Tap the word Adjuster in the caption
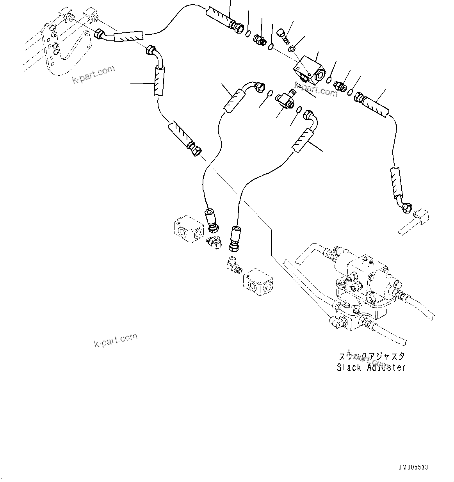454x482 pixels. pyautogui.click(x=386, y=367)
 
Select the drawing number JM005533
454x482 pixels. pyautogui.click(x=413, y=467)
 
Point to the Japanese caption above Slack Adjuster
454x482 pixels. pyautogui.click(x=371, y=356)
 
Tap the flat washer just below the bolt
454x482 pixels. pyautogui.click(x=291, y=49)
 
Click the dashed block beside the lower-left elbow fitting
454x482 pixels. pyautogui.click(x=188, y=229)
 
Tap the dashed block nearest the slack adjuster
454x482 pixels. pyautogui.click(x=258, y=282)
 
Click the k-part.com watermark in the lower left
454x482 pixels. pyautogui.click(x=116, y=340)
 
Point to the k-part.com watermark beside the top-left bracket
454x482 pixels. pyautogui.click(x=94, y=74)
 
